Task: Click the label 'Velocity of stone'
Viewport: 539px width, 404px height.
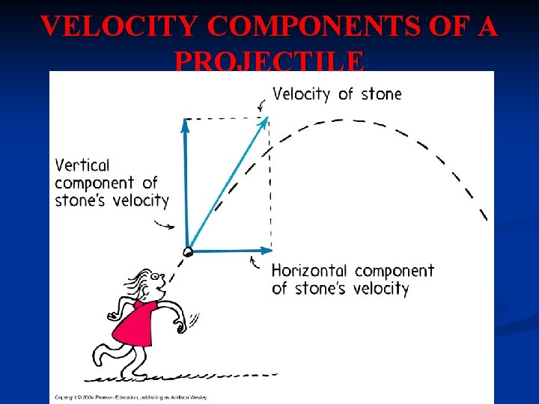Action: tap(337, 94)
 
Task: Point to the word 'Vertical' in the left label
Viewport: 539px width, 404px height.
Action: tap(82, 165)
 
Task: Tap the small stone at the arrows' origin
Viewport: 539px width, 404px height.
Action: tap(188, 252)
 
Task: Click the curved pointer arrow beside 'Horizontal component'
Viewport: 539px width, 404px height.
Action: tap(255, 263)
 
